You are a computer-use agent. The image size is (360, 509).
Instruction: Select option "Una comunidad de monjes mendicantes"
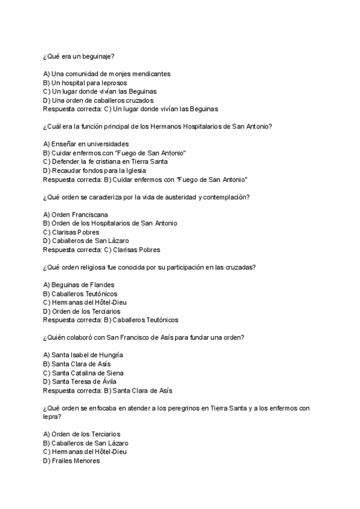[107, 74]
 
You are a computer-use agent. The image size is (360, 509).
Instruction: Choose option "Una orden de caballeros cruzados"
[98, 100]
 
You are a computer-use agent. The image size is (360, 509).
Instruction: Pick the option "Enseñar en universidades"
[86, 144]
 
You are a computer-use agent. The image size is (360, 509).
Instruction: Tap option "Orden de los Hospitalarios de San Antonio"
[110, 223]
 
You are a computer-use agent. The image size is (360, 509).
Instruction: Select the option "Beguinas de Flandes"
[79, 285]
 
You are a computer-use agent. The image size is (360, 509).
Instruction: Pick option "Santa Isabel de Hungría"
[83, 355]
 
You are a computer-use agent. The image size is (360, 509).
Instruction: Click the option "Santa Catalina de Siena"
[83, 373]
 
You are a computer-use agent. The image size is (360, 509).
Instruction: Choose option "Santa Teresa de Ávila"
[80, 382]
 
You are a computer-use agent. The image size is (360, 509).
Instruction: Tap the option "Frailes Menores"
[71, 460]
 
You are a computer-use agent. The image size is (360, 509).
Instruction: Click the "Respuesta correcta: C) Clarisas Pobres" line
[101, 250]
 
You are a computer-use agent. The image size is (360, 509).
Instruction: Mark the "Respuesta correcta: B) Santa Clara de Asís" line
[107, 390]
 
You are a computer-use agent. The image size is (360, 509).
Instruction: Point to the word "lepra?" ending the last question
[52, 417]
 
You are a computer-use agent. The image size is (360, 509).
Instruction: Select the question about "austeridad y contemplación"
[146, 197]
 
